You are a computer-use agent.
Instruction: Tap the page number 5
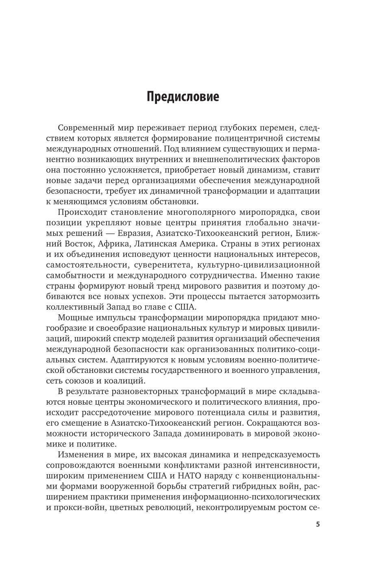(x=318, y=524)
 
